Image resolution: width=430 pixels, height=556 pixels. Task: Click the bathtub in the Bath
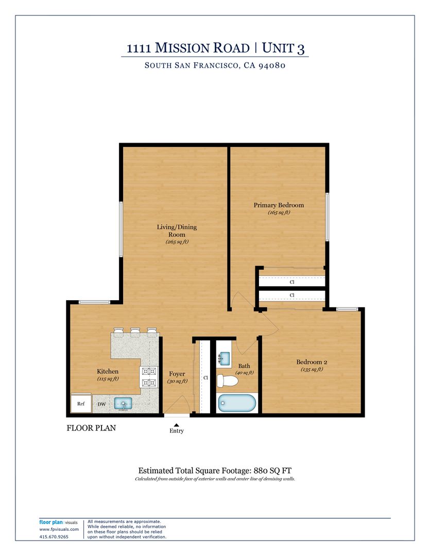[x=237, y=403]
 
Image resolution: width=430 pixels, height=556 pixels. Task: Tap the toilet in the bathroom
[x=227, y=381]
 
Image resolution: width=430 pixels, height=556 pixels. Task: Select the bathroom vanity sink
[x=224, y=358]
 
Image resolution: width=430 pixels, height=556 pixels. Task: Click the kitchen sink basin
[x=123, y=404]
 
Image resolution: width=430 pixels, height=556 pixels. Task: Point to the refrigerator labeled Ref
[x=81, y=403]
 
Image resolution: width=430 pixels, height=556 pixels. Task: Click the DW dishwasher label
[x=102, y=404]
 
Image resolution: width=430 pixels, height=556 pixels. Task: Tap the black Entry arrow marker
[x=176, y=424]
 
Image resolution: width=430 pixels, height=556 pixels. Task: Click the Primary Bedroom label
[x=279, y=205]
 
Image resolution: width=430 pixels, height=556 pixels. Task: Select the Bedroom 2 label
[x=312, y=362]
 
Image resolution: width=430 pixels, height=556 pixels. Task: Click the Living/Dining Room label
[x=177, y=231]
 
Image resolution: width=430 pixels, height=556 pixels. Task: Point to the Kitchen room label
[x=108, y=371]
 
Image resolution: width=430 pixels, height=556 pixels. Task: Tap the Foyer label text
[x=177, y=374]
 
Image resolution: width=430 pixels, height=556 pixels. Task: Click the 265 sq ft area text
[x=177, y=242]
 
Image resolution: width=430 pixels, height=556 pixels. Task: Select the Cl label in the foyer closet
[x=205, y=378]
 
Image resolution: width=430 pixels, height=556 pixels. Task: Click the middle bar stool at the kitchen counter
[x=135, y=332]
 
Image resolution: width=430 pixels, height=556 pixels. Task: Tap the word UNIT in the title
[x=278, y=48]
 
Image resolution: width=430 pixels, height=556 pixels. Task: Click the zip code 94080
[x=272, y=65]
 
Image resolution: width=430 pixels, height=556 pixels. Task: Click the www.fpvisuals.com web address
[x=59, y=529]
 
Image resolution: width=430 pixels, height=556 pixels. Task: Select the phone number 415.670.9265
[x=54, y=537]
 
